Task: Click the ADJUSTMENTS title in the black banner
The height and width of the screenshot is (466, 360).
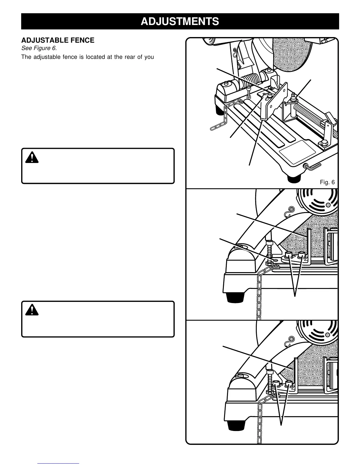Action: coord(180,21)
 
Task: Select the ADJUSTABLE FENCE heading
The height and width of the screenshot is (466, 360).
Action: coord(58,40)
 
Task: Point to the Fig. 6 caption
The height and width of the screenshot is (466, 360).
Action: coord(327,182)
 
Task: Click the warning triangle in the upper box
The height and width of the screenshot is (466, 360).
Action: coord(31,159)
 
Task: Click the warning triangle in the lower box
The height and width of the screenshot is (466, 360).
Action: coord(31,310)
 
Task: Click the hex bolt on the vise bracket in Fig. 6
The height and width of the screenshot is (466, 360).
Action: coord(324,144)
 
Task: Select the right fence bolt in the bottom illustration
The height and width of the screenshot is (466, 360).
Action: coord(289,384)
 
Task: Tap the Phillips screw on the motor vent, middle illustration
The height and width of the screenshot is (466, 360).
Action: coord(327,205)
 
